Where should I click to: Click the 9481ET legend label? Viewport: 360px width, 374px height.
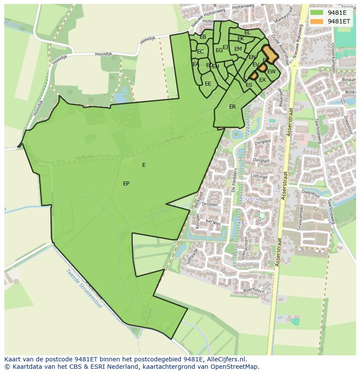click(x=339, y=21)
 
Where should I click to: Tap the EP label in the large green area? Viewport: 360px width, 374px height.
click(x=126, y=184)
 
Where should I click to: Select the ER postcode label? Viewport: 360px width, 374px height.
click(x=233, y=107)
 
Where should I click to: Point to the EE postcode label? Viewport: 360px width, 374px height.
click(x=208, y=84)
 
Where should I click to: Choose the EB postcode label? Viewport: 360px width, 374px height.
click(x=203, y=37)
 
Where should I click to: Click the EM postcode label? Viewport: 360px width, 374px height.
click(x=238, y=49)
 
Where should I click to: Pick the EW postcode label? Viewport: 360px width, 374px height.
click(x=271, y=72)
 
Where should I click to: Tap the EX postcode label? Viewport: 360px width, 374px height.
click(x=262, y=80)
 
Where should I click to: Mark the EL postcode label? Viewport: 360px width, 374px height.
click(x=247, y=33)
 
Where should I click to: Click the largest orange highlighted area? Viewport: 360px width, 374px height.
click(x=270, y=55)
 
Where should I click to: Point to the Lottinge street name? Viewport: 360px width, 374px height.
click(x=259, y=177)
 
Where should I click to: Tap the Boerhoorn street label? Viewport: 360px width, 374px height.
click(x=254, y=290)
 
